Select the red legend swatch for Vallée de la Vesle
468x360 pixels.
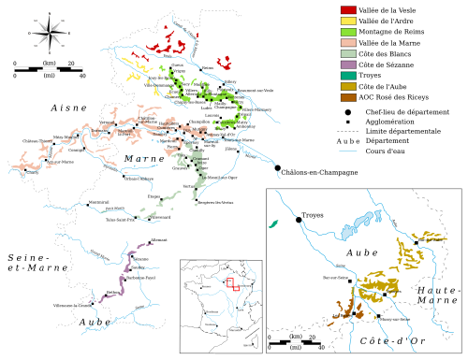point(347,9)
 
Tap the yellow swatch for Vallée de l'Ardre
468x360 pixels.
point(347,21)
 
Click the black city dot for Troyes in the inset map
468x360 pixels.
point(299,219)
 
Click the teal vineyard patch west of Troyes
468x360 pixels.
point(274,224)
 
